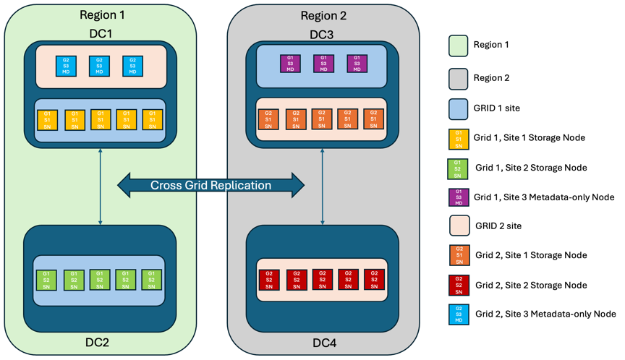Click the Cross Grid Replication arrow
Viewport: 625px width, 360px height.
point(211,185)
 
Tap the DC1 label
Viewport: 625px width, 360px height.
point(100,33)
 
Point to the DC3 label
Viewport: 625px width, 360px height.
point(323,33)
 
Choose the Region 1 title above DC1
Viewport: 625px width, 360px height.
point(101,15)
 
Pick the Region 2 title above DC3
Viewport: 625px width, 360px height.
point(323,15)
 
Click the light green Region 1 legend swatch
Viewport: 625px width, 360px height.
point(458,46)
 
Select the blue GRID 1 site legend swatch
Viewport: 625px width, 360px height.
point(458,108)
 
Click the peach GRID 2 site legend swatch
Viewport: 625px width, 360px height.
point(459,226)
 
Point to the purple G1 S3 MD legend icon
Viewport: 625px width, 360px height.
point(458,197)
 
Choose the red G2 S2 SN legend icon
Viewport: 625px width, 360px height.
point(458,285)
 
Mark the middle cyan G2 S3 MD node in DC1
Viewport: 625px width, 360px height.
point(100,66)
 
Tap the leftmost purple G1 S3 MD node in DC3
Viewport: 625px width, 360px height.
point(290,64)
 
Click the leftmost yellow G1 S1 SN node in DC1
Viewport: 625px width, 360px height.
point(47,120)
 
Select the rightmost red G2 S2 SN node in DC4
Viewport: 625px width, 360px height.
point(373,280)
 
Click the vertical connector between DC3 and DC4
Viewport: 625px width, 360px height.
point(323,184)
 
